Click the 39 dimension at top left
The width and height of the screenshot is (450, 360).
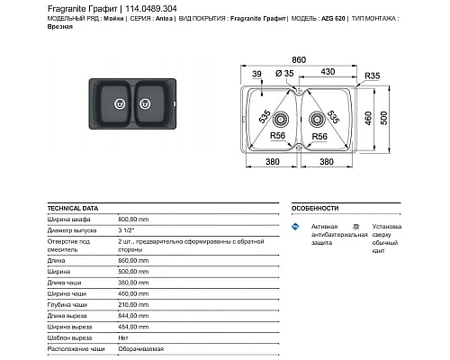[256, 73]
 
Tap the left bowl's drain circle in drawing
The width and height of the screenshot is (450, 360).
[281, 118]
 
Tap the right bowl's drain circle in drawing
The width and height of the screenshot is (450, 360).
[318, 118]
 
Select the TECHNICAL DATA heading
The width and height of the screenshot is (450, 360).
[71, 206]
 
